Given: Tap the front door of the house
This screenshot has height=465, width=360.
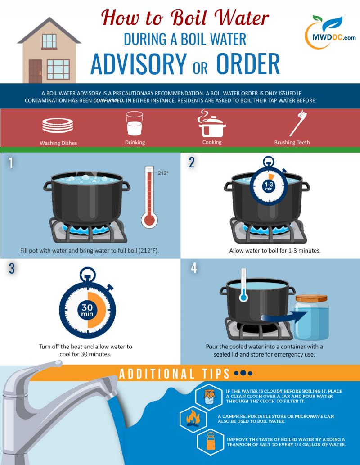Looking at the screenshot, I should [35, 71].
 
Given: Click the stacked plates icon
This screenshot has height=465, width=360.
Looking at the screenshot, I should [57, 125].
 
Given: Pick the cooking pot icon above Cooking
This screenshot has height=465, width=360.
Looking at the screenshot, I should [212, 124].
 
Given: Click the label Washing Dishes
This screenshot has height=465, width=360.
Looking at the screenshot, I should [58, 143].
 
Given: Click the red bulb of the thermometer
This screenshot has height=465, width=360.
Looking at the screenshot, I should [149, 220].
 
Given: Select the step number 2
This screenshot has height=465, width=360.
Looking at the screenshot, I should [192, 163].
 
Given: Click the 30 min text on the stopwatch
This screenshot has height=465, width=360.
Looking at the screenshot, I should [87, 310].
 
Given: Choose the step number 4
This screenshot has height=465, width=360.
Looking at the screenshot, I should [194, 268].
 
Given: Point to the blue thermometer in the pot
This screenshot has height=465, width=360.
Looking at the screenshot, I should [243, 286].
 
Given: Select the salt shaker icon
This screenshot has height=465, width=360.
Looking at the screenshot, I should [210, 442].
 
